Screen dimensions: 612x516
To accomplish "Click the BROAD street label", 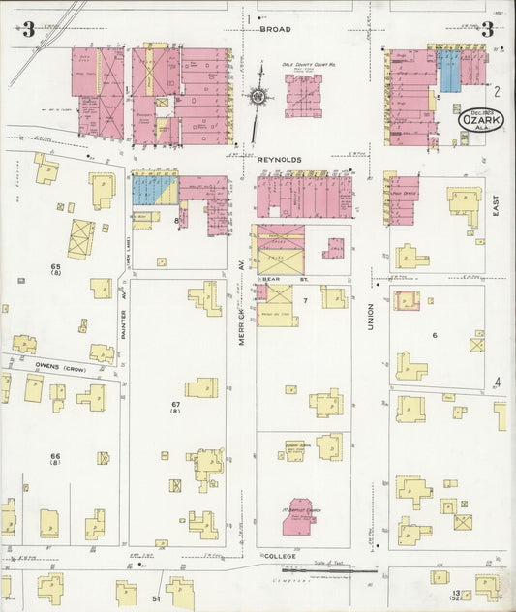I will point(275,29).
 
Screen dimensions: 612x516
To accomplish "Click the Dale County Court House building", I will point(303,96).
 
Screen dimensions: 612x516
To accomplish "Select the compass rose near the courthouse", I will point(258,96).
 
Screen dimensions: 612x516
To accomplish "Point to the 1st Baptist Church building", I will point(303,512).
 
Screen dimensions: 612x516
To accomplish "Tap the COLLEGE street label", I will point(278,559).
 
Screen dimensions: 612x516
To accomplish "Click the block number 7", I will point(304,301).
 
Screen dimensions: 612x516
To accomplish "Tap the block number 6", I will point(435,335).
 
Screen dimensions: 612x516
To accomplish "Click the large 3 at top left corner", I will point(29,30).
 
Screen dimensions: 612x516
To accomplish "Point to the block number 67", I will point(175,404).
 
